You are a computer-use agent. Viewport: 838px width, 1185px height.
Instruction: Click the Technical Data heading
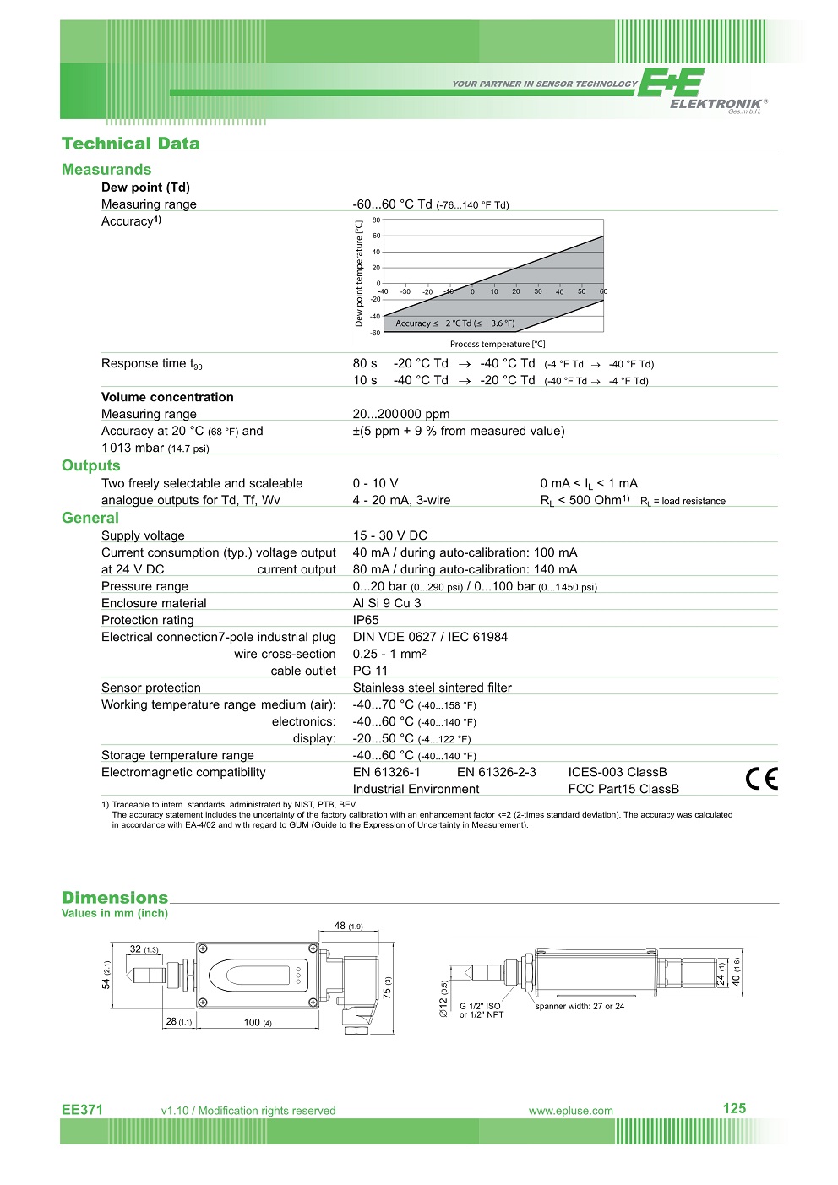(131, 144)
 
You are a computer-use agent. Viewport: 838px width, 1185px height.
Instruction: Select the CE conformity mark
(761, 779)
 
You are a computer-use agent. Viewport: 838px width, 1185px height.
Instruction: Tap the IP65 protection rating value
(366, 620)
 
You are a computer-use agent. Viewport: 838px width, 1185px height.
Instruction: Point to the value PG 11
(370, 671)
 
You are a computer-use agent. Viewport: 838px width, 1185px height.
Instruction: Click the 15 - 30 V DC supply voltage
(389, 535)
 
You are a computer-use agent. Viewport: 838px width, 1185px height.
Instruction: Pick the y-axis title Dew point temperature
(359, 273)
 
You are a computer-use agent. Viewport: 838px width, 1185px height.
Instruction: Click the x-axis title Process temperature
(498, 345)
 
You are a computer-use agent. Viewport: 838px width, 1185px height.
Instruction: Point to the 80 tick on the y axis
(376, 220)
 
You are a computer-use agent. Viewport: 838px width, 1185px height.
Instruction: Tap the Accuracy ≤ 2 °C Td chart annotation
(454, 323)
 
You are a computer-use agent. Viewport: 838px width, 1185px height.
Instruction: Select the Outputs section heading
(91, 465)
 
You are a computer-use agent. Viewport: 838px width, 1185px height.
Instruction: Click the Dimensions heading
(115, 898)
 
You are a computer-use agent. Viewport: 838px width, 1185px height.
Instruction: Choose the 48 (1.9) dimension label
(348, 926)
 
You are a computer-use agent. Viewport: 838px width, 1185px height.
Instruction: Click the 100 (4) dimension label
(258, 1023)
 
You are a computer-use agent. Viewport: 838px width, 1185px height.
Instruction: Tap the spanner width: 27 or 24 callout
(580, 1007)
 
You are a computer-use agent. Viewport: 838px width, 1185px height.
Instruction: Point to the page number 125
(734, 1108)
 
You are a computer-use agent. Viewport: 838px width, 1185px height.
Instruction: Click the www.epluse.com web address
(571, 1111)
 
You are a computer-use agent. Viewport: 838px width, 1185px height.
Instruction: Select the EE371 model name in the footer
(82, 1110)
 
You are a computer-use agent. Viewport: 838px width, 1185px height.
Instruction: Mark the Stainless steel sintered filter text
(432, 688)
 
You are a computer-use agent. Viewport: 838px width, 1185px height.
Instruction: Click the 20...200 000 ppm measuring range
(401, 414)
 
